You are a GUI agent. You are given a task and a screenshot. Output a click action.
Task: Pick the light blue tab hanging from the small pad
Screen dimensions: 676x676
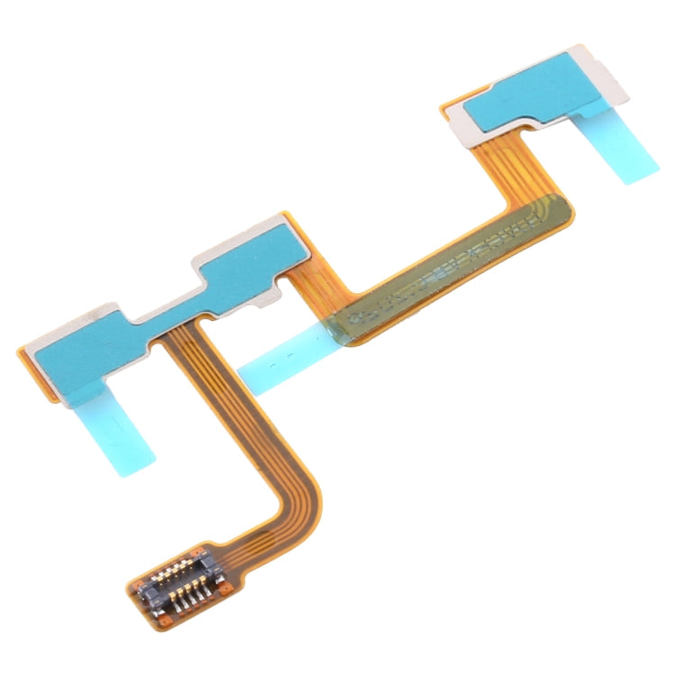tap(622, 144)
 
